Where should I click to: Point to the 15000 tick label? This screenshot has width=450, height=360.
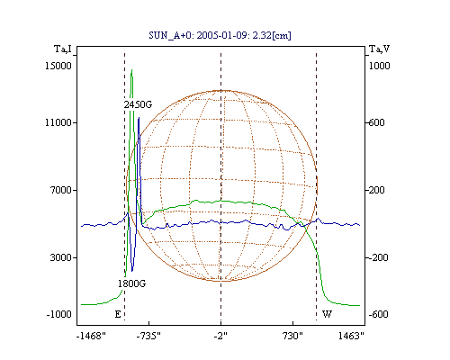(x=58, y=66)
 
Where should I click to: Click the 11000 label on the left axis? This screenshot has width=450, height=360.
(x=58, y=122)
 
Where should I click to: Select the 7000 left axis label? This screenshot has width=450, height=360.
(x=61, y=190)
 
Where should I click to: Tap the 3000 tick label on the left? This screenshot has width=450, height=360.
(x=61, y=257)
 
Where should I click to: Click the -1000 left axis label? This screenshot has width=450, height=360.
(x=59, y=314)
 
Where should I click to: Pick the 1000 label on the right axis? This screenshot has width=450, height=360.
(x=379, y=66)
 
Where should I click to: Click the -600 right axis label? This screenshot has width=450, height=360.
(x=378, y=314)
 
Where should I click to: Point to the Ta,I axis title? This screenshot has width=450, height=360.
(x=63, y=49)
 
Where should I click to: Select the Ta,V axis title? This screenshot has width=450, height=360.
(x=379, y=49)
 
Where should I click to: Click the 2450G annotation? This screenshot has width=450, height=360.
(x=138, y=104)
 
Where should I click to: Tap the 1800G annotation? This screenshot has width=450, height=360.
(x=131, y=283)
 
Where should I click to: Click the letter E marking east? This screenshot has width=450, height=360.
(x=118, y=314)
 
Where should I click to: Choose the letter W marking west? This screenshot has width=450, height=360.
(x=327, y=314)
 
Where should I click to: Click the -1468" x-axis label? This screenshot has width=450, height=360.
(x=91, y=336)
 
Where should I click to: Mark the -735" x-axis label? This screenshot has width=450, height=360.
(x=148, y=336)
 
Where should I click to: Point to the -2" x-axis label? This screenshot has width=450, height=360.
(x=220, y=336)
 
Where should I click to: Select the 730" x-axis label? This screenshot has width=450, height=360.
(x=292, y=336)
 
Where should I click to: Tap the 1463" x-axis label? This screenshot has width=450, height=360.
(x=351, y=336)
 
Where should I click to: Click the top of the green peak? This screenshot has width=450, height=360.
(x=131, y=70)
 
